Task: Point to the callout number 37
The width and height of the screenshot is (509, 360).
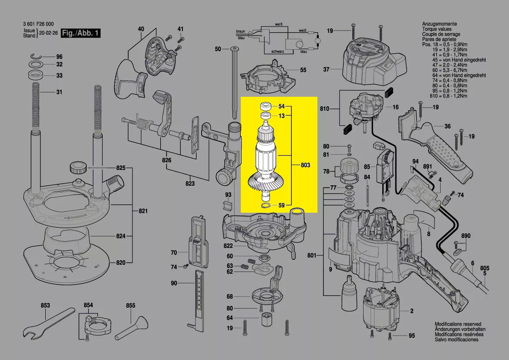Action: point(326,69)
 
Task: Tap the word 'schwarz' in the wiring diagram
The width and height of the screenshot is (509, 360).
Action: point(278,51)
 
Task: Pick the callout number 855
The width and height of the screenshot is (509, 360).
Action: point(131,306)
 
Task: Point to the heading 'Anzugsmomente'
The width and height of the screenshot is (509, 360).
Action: point(439,24)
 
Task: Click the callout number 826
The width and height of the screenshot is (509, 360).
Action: point(166,160)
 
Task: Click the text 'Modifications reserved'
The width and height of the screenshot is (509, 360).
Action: point(458,324)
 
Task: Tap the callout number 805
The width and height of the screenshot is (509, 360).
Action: point(485,268)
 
